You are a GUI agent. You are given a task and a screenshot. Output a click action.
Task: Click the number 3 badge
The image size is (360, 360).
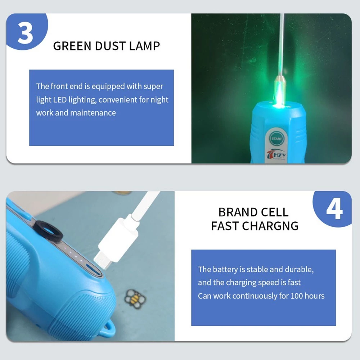26,31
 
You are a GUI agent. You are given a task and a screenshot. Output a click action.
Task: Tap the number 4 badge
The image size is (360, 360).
333,208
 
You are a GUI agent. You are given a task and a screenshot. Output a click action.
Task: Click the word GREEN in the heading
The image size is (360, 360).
72,46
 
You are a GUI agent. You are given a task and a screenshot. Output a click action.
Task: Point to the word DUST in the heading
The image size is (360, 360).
110,46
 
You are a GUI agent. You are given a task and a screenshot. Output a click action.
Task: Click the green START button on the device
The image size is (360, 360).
276,139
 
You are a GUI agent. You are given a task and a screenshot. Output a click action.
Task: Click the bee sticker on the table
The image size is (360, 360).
135,299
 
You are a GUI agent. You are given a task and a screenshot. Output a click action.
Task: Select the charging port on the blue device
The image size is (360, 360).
94,269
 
